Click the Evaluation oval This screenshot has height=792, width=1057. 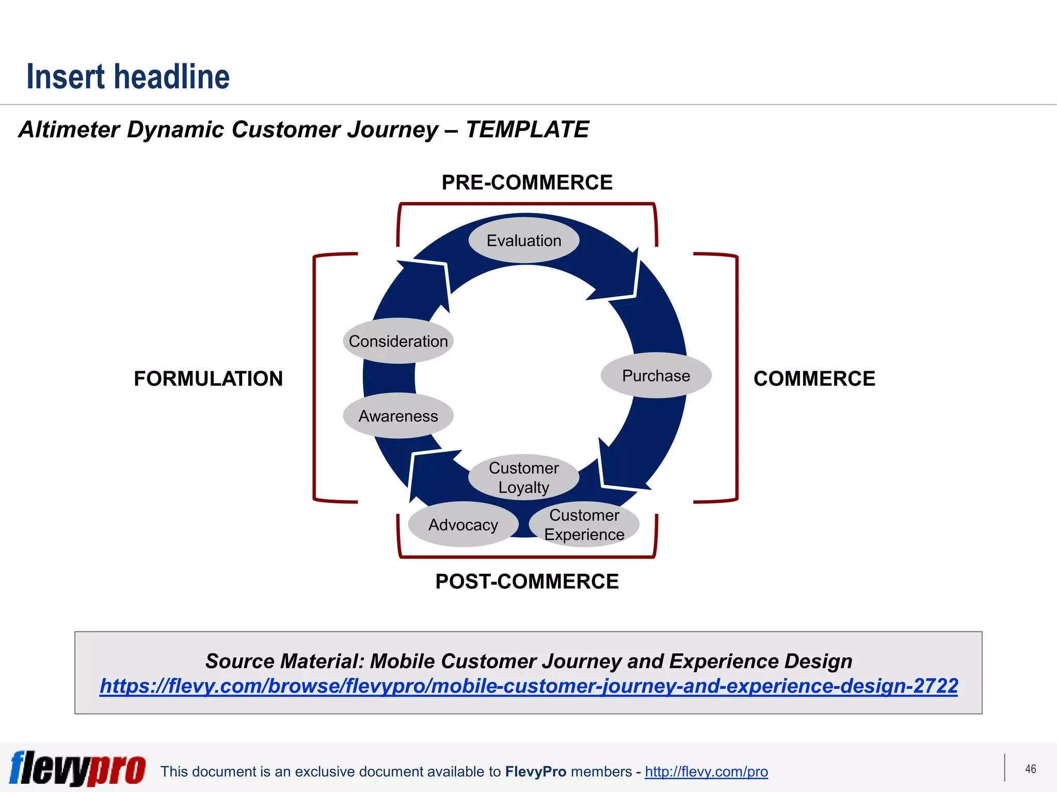pos(524,241)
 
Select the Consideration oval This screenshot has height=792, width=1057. pos(398,341)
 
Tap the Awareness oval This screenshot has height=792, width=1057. pos(398,416)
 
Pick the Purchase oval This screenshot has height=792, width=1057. pos(656,376)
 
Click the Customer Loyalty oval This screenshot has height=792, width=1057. pos(524,477)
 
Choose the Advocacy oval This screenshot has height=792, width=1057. pos(463,525)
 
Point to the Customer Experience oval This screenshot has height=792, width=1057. pos(584,525)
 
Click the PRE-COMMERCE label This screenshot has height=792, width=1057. pos(527,183)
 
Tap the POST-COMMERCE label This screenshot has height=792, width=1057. pos(527,582)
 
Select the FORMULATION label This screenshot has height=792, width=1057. pos(208,378)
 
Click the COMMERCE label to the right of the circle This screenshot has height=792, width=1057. pos(814,378)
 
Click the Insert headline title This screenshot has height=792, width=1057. pos(128,77)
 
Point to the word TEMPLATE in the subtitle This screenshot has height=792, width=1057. pos(527,129)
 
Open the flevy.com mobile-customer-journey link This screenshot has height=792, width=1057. pos(528,686)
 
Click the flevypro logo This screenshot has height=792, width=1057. pos(77,768)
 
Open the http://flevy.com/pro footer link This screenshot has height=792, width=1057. pos(706,771)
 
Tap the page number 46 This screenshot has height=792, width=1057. pos(1030,769)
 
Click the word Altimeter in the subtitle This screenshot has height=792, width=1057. pos(69,129)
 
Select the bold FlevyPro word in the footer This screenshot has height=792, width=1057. pos(536,771)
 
